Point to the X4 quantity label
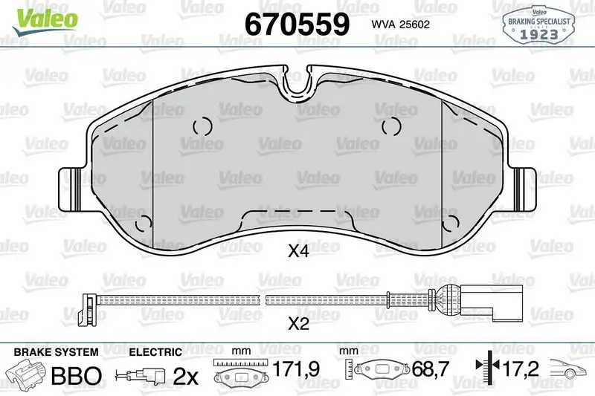tap(297, 252)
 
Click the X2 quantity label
tap(297, 324)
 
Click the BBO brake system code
tap(74, 376)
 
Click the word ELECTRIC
tap(155, 351)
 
